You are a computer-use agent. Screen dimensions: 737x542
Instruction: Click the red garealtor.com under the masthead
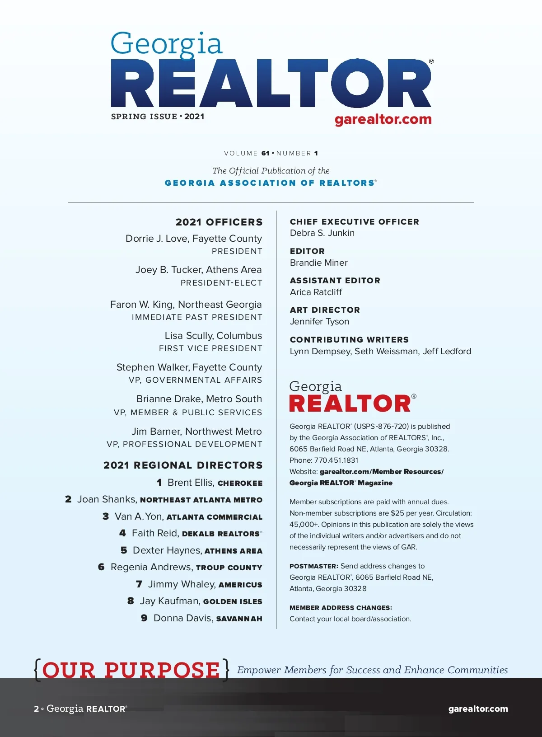click(x=383, y=119)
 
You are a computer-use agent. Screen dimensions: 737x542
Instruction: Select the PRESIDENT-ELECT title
click(x=221, y=283)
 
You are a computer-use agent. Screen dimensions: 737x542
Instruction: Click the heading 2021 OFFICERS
click(x=219, y=222)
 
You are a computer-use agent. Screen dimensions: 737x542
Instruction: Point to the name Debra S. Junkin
click(x=322, y=233)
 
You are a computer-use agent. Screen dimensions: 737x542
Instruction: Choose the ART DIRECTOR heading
click(x=325, y=310)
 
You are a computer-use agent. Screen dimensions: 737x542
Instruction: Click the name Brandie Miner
click(x=318, y=263)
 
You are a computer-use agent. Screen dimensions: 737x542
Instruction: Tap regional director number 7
click(x=139, y=584)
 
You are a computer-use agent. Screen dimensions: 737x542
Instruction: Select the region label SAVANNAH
click(x=239, y=619)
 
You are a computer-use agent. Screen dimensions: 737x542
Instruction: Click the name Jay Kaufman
click(x=170, y=601)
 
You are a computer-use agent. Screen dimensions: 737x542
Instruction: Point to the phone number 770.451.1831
click(x=336, y=460)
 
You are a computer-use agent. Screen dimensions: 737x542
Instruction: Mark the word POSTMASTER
click(x=313, y=566)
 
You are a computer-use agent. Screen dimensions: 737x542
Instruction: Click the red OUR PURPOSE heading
click(x=131, y=670)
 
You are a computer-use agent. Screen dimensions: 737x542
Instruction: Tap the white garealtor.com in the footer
click(x=478, y=709)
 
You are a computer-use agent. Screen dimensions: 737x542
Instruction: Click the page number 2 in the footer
click(x=36, y=709)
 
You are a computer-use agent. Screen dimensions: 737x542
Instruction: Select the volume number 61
click(x=265, y=154)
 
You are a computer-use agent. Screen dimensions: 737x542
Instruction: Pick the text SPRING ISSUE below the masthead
click(x=144, y=117)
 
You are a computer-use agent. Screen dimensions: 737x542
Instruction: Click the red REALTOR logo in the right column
click(x=350, y=403)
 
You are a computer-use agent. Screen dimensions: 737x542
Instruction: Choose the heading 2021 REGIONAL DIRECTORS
click(x=183, y=465)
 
